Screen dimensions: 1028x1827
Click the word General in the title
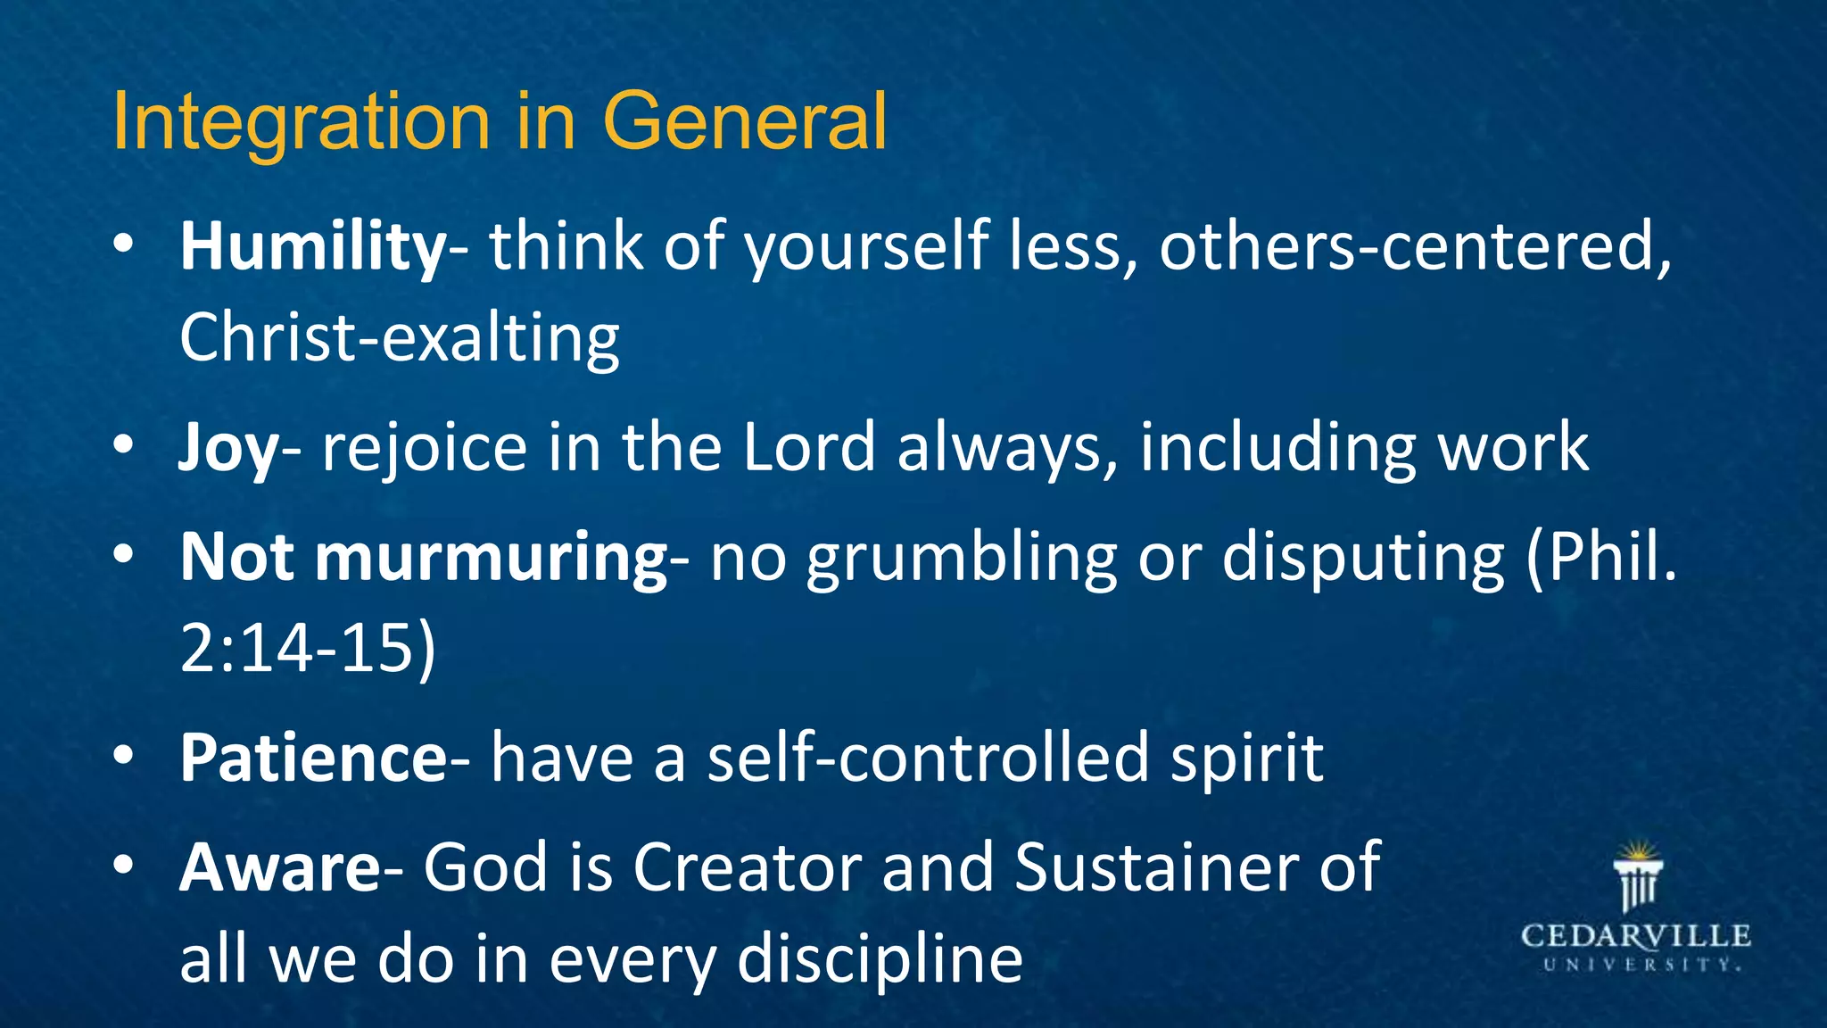[744, 121]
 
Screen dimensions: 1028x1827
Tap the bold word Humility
[313, 247]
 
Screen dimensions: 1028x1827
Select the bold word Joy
[228, 448]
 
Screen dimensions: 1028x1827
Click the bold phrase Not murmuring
[424, 559]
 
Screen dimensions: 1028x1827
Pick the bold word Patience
[313, 759]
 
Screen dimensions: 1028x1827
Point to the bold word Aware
[280, 868]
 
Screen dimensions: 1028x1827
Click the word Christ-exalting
[399, 338]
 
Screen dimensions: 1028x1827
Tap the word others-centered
[1414, 247]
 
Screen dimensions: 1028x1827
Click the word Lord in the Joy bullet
[808, 448]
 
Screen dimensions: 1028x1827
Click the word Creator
[747, 868]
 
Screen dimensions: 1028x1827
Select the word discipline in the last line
[880, 960]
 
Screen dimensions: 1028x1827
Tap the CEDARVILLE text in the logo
[1636, 937]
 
